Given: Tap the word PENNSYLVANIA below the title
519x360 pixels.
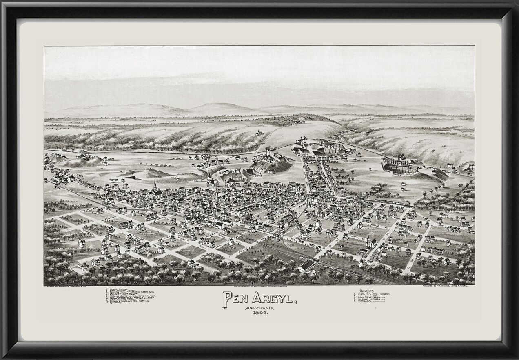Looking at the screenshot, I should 257,307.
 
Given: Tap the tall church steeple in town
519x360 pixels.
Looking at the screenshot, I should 155,186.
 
